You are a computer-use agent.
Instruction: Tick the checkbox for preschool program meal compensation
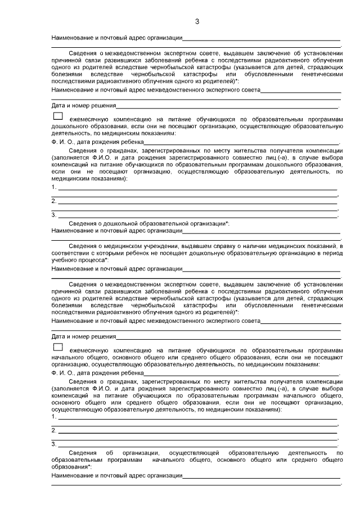[x=57, y=116]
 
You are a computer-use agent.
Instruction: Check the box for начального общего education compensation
[x=57, y=347]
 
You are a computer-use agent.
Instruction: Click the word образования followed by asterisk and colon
[x=71, y=467]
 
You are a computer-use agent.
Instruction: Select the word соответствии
[x=70, y=253]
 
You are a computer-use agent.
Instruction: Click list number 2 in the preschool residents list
[x=53, y=201]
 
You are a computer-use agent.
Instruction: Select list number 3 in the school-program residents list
[x=53, y=444]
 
